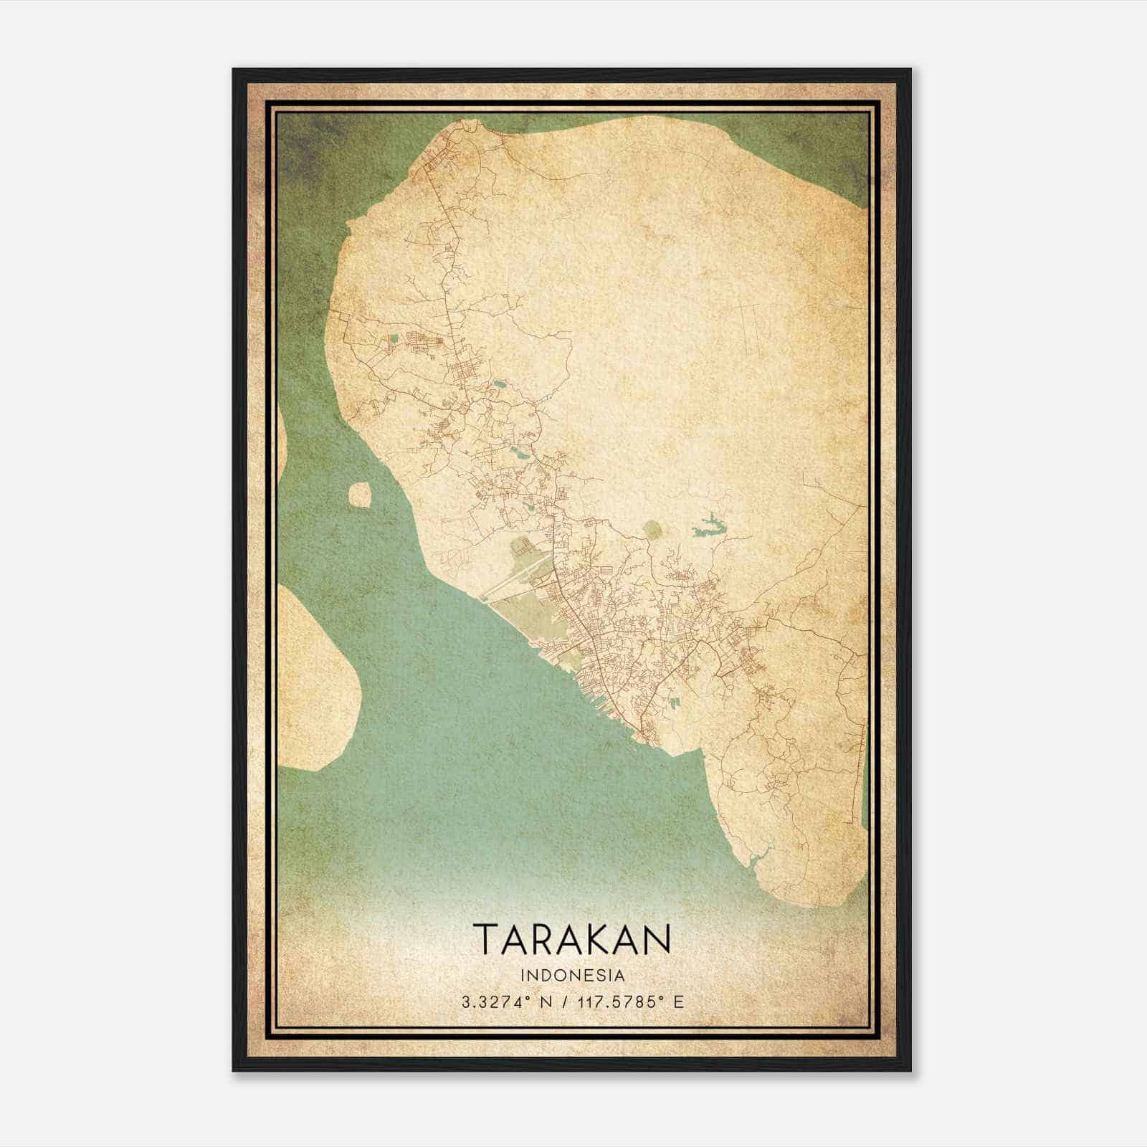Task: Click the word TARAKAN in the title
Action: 572,939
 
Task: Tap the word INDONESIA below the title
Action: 572,976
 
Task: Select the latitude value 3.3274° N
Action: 506,1001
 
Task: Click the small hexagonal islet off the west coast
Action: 359,495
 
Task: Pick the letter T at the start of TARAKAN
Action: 485,939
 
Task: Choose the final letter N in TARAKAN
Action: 658,939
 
